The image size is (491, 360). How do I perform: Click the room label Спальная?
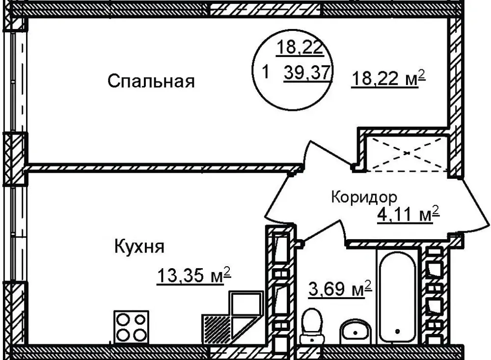click(151, 81)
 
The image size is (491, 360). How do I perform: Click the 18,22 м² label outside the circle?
click(388, 78)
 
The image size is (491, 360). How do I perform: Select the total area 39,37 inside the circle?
click(307, 74)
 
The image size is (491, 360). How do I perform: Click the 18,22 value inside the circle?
click(300, 48)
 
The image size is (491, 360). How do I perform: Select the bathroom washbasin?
click(355, 331)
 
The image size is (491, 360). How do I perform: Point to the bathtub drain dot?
click(398, 331)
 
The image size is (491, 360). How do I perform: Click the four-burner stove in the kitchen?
click(131, 327)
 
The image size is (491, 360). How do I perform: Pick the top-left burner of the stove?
click(122, 320)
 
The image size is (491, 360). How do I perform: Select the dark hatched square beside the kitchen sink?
click(216, 329)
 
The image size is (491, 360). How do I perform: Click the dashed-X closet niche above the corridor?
click(407, 153)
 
